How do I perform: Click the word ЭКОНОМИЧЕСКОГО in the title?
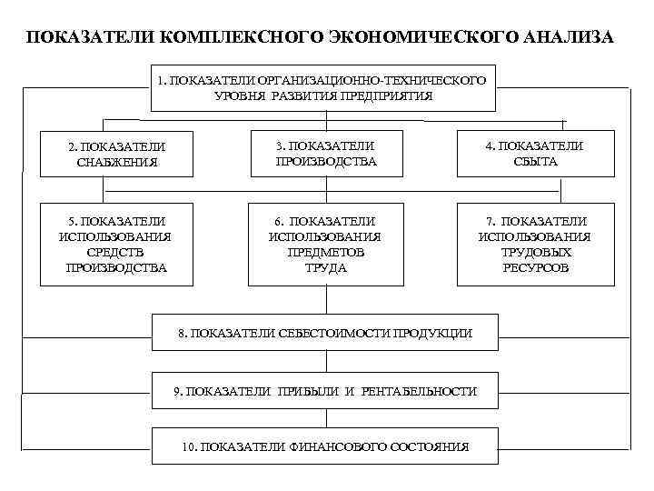click(421, 38)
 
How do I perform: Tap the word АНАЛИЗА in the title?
click(562, 38)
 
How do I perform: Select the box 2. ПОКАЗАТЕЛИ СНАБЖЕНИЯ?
click(117, 155)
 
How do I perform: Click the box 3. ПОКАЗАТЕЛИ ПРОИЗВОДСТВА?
click(325, 154)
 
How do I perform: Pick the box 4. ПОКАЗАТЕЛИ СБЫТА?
click(534, 154)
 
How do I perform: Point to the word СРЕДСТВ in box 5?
click(117, 252)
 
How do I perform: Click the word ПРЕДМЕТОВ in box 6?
click(325, 252)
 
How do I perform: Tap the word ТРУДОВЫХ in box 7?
click(535, 252)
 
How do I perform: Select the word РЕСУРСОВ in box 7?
click(535, 267)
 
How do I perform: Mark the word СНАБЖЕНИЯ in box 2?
click(117, 163)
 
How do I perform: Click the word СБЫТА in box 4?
click(534, 162)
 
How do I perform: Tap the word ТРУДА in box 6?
click(325, 267)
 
